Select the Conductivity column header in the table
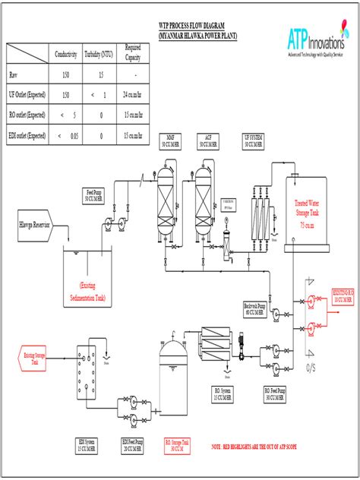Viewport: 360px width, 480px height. [66, 54]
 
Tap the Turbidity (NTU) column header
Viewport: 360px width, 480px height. [100, 54]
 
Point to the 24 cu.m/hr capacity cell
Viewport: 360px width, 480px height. [134, 95]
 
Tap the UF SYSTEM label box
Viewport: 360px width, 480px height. [254, 140]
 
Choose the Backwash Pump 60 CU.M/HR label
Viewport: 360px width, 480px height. [254, 308]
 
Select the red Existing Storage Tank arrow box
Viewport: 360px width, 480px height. [34, 357]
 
